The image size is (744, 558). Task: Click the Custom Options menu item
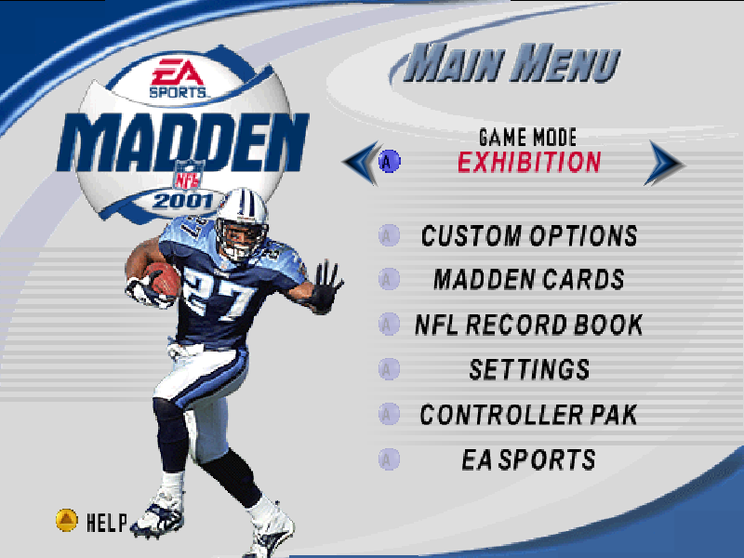tap(529, 236)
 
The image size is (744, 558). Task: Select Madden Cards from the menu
tap(529, 279)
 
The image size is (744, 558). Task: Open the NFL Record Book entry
tap(529, 325)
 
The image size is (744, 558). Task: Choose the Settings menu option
tap(529, 369)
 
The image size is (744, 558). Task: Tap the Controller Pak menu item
tap(529, 414)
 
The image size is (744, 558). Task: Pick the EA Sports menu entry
tap(529, 459)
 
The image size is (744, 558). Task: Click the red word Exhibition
tap(529, 162)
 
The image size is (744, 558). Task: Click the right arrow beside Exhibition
tap(665, 163)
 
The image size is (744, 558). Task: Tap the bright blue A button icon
tap(389, 161)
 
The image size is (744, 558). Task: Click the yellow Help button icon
tap(66, 520)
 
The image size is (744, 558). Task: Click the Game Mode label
tap(527, 138)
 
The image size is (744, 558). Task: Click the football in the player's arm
tap(162, 279)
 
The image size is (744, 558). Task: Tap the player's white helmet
tap(242, 223)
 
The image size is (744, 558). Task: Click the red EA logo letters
tap(178, 73)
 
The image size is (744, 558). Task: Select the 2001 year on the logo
tap(183, 201)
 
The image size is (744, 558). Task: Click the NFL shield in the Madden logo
tap(190, 175)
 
